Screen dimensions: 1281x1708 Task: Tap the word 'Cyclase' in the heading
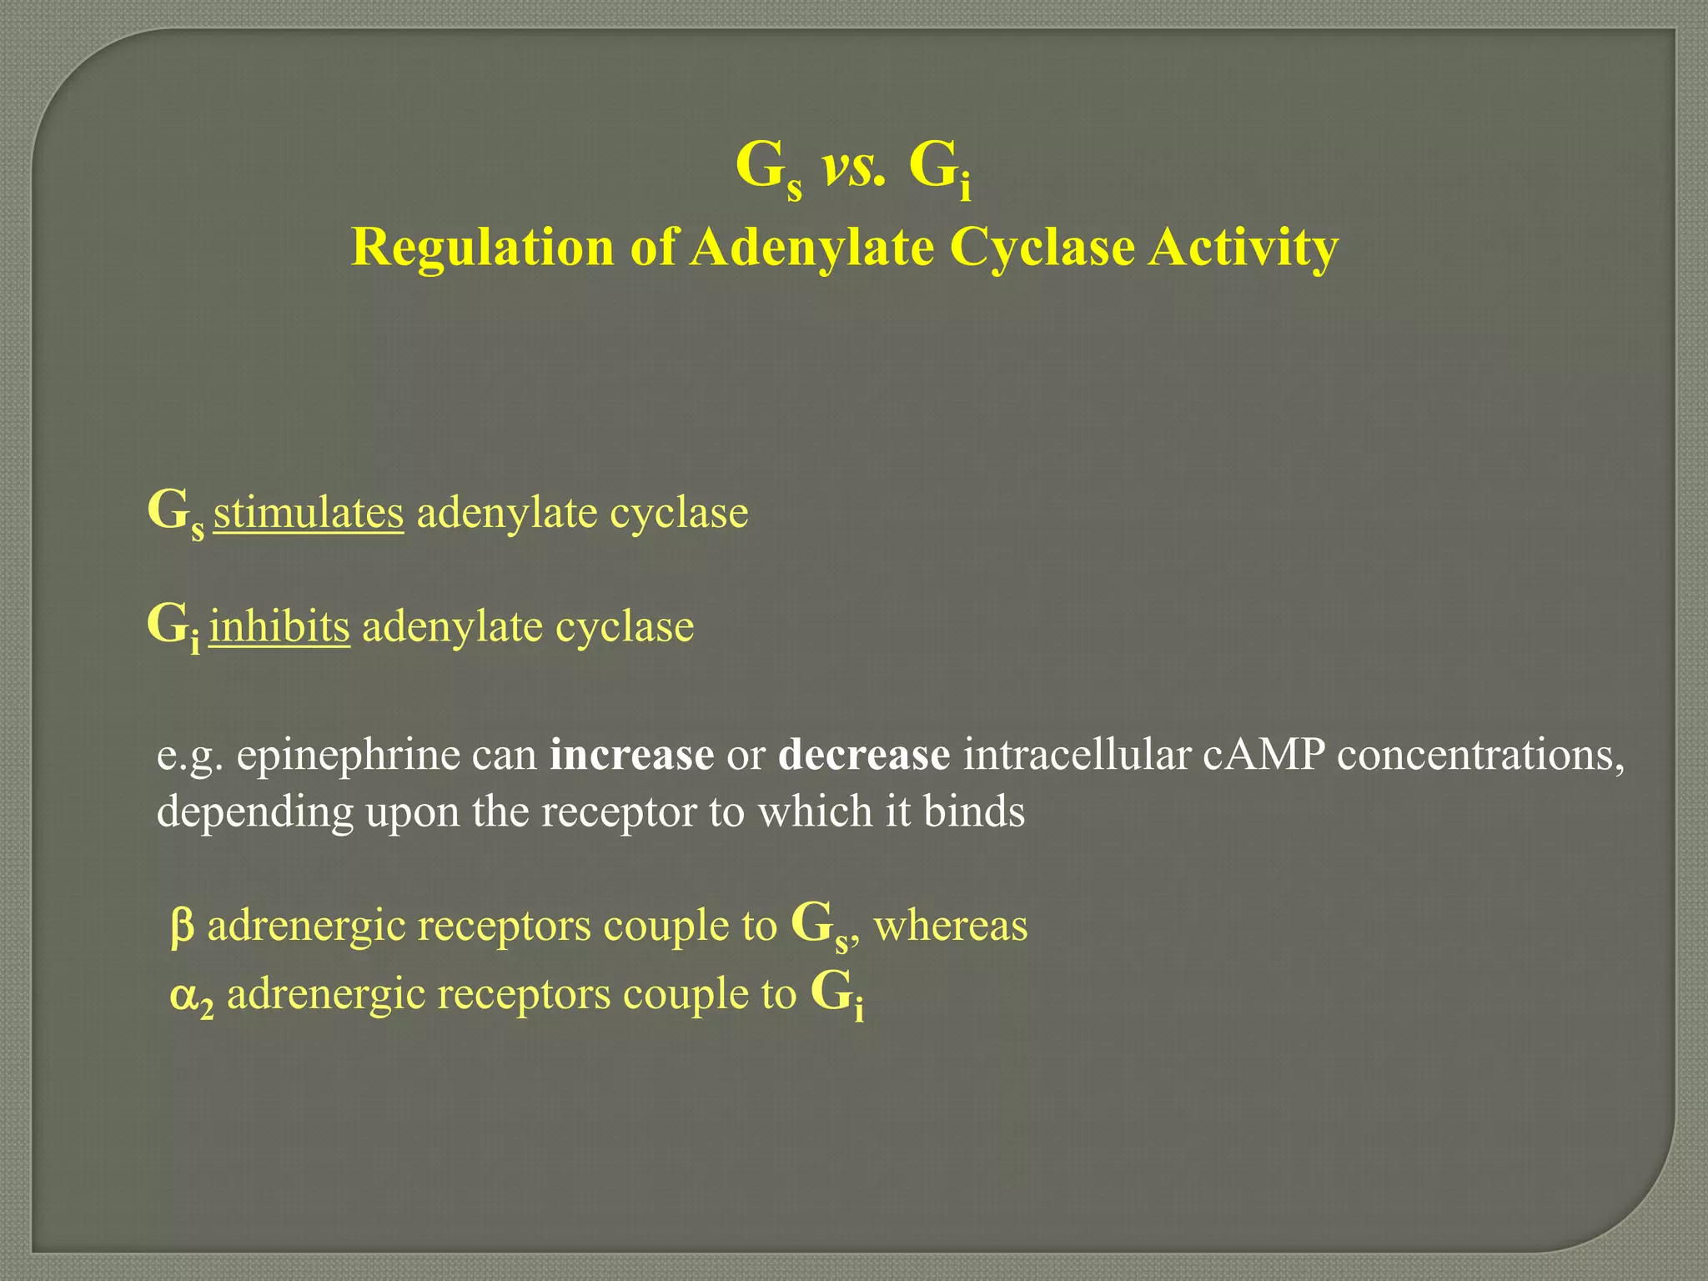click(x=1042, y=248)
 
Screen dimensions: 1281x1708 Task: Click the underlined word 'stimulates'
click(x=309, y=512)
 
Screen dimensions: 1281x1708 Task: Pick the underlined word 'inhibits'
click(x=279, y=626)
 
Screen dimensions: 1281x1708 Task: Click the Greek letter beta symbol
click(x=182, y=927)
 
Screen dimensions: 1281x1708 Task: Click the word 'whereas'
click(x=951, y=926)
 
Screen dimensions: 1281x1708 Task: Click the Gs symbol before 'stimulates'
click(x=175, y=514)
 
